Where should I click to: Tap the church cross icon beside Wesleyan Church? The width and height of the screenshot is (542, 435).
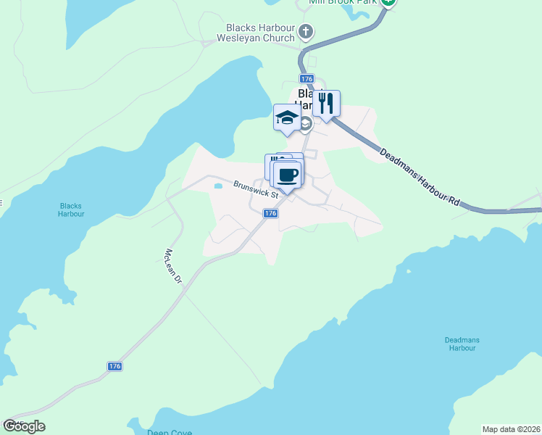click(306, 33)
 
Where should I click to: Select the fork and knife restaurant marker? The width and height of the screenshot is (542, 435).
click(326, 104)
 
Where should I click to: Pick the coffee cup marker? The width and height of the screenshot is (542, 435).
click(287, 175)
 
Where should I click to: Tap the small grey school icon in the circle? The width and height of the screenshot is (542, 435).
click(305, 125)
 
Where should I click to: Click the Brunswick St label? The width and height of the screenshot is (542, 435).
click(257, 190)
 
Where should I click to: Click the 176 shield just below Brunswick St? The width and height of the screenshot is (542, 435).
click(270, 213)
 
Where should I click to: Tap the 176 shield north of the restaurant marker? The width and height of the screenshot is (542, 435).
click(306, 78)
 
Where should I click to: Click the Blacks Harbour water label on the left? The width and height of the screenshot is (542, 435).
click(72, 210)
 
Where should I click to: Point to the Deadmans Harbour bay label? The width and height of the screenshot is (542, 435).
click(461, 344)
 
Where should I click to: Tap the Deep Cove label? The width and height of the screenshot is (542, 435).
click(170, 432)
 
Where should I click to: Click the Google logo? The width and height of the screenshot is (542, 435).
click(24, 426)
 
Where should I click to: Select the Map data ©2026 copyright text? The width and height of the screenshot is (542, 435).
click(511, 428)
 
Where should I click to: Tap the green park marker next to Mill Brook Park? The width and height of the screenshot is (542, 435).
click(388, 2)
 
